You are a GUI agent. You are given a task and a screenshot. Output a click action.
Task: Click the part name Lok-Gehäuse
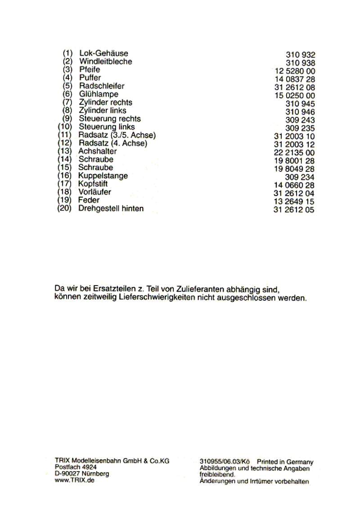103,53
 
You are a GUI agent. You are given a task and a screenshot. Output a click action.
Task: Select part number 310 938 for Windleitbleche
300,63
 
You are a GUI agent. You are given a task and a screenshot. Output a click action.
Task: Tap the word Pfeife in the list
90,70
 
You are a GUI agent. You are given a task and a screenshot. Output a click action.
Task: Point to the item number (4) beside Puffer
68,78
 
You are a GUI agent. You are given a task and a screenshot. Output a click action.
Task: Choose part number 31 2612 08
294,87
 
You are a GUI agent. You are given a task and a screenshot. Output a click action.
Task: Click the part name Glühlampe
99,94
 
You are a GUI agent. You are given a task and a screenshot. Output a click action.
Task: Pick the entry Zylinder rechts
105,102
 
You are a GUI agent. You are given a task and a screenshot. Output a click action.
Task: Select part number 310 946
300,112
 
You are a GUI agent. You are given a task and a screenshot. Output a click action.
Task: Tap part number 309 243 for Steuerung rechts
300,120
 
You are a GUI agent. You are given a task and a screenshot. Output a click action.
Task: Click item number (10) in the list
65,127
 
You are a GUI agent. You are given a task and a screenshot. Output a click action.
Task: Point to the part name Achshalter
97,151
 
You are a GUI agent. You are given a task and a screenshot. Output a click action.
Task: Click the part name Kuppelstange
103,175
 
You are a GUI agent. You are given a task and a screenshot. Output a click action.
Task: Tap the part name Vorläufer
95,192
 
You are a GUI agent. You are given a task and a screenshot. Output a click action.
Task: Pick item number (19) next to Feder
65,200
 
